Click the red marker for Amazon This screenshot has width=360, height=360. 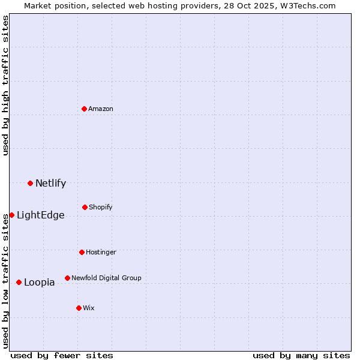tap(85, 109)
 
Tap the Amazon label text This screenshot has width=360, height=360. tap(101, 109)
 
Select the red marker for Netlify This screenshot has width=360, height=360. tap(30, 183)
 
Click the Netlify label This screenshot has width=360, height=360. tap(50, 184)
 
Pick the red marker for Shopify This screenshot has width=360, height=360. tap(85, 207)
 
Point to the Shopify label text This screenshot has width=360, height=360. tap(101, 207)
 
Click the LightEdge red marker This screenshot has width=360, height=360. tap(11, 215)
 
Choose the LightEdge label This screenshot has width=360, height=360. tap(40, 215)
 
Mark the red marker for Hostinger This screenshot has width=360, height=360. tap(82, 252)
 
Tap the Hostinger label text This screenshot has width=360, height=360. tap(101, 252)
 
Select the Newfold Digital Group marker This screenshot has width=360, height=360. tap(67, 278)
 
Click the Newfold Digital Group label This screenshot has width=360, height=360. tap(106, 278)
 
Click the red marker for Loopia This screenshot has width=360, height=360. tap(19, 282)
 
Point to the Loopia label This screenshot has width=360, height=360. tap(39, 283)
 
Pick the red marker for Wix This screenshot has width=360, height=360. tap(79, 308)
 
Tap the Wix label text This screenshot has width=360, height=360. tap(89, 308)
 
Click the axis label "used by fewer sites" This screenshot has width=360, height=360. tap(62, 355)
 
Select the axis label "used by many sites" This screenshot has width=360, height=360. tap(301, 355)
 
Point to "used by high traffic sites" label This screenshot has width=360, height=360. tap(5, 86)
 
